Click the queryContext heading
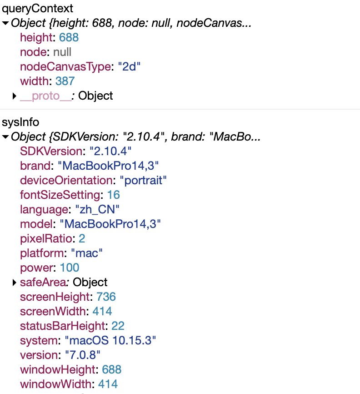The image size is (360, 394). click(38, 8)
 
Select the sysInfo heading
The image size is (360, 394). click(20, 122)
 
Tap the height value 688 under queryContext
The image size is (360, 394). click(69, 38)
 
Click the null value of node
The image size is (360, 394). click(62, 52)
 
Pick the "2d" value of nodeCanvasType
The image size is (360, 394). click(129, 67)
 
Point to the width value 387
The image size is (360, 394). click(65, 81)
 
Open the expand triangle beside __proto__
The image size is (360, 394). click(15, 96)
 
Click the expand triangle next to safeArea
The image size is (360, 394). click(15, 283)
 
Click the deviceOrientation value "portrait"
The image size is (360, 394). click(143, 180)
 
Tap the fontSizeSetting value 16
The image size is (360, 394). click(113, 195)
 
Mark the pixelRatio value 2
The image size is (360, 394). click(82, 238)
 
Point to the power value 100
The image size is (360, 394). click(70, 268)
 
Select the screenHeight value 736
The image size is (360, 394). click(105, 297)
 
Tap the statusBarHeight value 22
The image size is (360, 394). click(118, 326)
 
